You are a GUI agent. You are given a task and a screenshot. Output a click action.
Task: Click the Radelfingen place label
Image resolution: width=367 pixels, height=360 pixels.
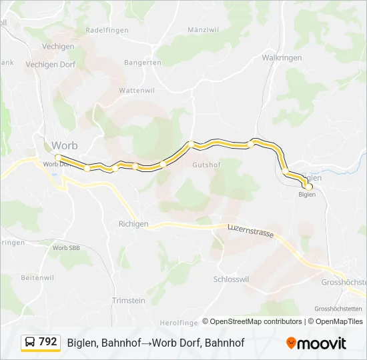tap(107, 30)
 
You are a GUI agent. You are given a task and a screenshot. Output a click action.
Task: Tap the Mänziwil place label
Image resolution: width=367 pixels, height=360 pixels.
tap(204, 30)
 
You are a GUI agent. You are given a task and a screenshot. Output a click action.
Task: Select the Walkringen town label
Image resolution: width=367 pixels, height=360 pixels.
tap(282, 58)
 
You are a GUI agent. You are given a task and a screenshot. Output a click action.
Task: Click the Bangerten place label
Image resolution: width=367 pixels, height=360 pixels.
tap(143, 63)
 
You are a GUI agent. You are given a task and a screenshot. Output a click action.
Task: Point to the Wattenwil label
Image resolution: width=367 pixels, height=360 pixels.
tap(136, 89)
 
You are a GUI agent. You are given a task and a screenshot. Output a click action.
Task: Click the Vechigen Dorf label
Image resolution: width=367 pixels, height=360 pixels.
tap(50, 65)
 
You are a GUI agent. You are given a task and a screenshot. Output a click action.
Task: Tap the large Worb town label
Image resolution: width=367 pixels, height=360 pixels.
tap(65, 145)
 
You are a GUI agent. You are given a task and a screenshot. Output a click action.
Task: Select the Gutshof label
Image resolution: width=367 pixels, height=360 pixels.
tap(206, 164)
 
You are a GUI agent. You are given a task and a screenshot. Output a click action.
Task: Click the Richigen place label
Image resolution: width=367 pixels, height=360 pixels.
tap(133, 224)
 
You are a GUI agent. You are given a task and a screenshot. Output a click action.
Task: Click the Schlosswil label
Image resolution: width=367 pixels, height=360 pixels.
tap(232, 279)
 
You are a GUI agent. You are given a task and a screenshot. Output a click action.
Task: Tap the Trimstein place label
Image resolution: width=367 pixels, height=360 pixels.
tap(129, 301)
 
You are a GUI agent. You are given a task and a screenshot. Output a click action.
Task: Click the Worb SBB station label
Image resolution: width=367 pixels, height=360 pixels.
tap(65, 247)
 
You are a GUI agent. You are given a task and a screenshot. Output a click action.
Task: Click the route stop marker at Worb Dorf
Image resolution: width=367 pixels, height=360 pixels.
tap(58, 157)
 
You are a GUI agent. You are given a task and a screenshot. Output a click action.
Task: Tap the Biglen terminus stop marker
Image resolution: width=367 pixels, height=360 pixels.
tap(308, 187)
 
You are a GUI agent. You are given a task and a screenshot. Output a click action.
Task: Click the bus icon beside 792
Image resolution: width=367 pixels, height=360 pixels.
tap(31, 343)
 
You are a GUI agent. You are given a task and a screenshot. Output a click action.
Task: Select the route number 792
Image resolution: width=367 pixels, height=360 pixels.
tap(48, 342)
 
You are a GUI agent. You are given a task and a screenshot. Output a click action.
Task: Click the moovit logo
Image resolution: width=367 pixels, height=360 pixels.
tap(316, 343)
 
